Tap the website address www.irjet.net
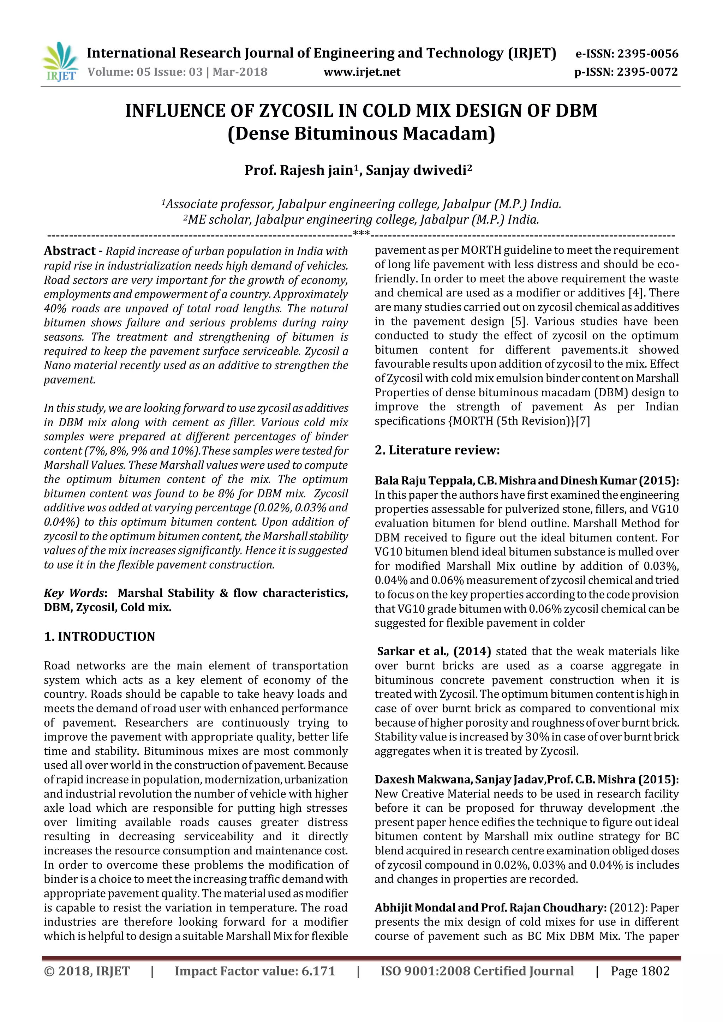361,72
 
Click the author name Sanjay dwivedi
418,170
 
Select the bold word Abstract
70,251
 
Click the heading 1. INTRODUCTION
99,637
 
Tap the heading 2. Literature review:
437,450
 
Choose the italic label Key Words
74,593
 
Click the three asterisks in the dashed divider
361,233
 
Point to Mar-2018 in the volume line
240,72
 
